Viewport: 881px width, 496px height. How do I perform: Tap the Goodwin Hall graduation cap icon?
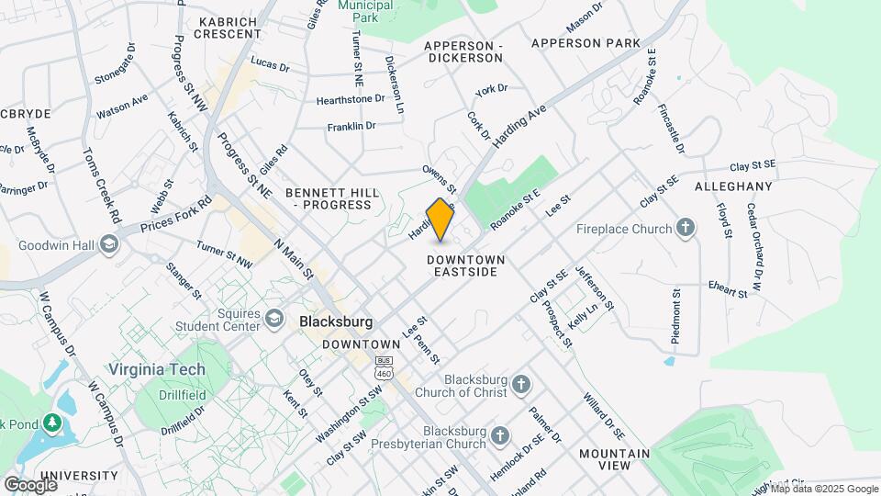pyautogui.click(x=109, y=243)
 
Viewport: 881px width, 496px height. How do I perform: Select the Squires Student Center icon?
pyautogui.click(x=273, y=319)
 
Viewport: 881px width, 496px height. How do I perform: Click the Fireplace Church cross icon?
pyautogui.click(x=685, y=228)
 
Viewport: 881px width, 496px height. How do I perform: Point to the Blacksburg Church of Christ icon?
pyautogui.click(x=521, y=384)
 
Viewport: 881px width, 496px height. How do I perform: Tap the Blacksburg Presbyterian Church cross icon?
pyautogui.click(x=499, y=434)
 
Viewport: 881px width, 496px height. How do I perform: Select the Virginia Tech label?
pyautogui.click(x=157, y=369)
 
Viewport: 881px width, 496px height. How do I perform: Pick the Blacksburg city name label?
pyautogui.click(x=337, y=322)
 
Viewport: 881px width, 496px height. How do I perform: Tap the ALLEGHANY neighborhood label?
pyautogui.click(x=733, y=186)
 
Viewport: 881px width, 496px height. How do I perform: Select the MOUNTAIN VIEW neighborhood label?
pyautogui.click(x=614, y=459)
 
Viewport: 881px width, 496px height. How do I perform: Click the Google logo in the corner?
pyautogui.click(x=30, y=484)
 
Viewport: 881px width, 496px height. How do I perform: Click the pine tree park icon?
pyautogui.click(x=53, y=423)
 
